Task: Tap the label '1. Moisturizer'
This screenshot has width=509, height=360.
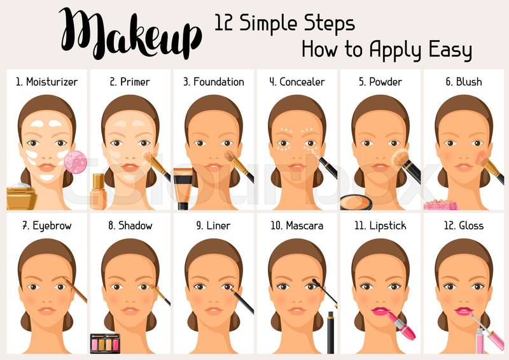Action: [x=47, y=82]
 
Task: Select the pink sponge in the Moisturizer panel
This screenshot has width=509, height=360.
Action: [x=76, y=162]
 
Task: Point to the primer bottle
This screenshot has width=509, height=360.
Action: [x=99, y=192]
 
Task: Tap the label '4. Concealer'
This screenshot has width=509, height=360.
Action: [x=297, y=82]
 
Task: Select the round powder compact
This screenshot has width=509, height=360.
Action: [x=356, y=202]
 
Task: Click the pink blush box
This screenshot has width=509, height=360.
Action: [x=440, y=205]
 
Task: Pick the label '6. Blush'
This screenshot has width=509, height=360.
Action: [x=464, y=82]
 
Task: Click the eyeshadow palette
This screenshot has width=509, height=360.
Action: [x=105, y=343]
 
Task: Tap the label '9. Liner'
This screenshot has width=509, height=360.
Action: [x=213, y=226]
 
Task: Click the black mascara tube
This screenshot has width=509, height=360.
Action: [x=330, y=333]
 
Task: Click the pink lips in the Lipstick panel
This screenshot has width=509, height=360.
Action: [x=380, y=311]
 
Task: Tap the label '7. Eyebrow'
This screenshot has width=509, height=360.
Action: [x=47, y=226]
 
